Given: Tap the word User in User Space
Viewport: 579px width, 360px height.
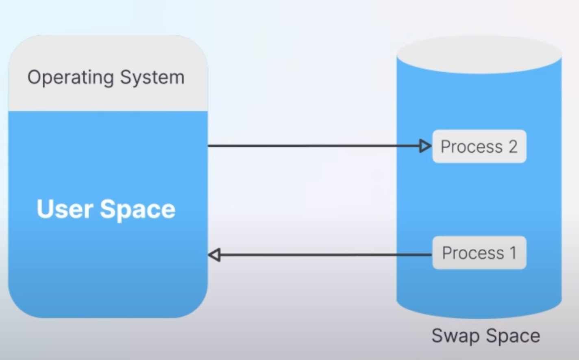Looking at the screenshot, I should click(x=65, y=209).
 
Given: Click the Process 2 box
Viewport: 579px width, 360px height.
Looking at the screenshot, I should click(x=479, y=146).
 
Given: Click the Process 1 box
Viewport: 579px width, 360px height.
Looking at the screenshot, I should click(x=479, y=253).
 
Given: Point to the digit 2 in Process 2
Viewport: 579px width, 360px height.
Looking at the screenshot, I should click(x=513, y=146).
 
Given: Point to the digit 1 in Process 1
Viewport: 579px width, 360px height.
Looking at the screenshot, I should click(x=513, y=253).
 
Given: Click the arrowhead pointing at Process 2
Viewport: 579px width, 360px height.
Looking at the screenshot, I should click(x=425, y=146).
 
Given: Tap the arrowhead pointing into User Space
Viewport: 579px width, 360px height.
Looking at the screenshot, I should click(x=214, y=255).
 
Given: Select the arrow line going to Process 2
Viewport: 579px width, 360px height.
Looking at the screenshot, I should click(x=313, y=145).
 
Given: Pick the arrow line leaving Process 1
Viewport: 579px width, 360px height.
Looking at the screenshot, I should click(x=325, y=255).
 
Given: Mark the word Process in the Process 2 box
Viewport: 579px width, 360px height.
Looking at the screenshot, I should click(x=472, y=147).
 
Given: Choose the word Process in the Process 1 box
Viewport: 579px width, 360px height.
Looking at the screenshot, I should click(x=473, y=253).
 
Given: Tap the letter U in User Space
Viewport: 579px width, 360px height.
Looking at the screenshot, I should click(x=46, y=209).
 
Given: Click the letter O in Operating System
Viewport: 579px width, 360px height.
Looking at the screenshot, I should click(x=35, y=77).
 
